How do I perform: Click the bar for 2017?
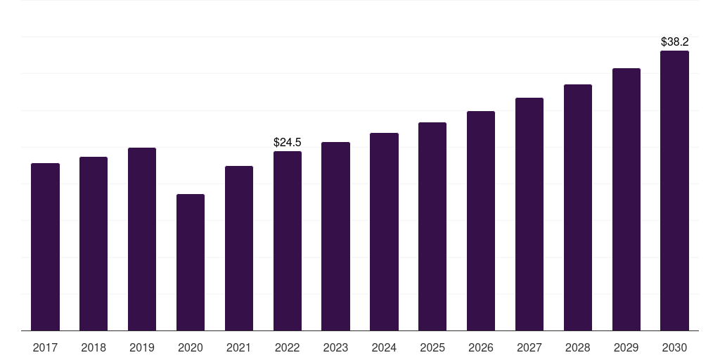pos(45,247)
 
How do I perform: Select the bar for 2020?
pos(191,262)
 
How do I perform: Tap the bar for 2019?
pos(142,239)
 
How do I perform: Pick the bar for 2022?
pos(288,241)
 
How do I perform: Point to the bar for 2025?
pos(432,226)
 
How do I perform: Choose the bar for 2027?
pos(529,214)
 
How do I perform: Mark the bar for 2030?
pos(674,191)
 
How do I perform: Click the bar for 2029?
pos(626,199)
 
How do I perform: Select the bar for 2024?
pos(384,232)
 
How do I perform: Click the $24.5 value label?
pos(288,142)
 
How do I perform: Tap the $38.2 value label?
pos(674,41)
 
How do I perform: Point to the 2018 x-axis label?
pos(94,348)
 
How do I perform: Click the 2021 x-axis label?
pos(239,348)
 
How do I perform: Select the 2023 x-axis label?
pos(335,348)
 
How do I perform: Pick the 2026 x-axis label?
pos(481,348)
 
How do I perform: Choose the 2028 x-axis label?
pos(578,348)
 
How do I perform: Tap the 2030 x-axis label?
pos(674,348)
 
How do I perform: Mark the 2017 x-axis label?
pos(45,348)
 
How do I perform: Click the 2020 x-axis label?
pos(191,348)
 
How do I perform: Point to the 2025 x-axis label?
pos(432,348)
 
